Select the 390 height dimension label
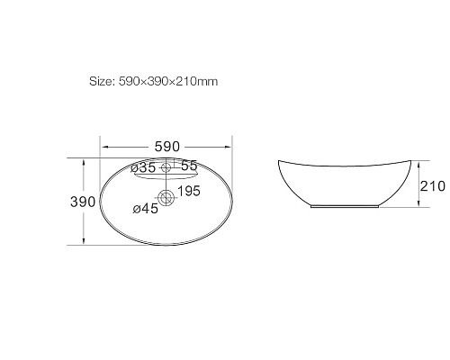(83, 202)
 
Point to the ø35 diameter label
(143, 166)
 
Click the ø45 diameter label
(145, 209)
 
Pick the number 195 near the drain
(187, 193)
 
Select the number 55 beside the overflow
(188, 166)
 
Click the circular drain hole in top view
(166, 196)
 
